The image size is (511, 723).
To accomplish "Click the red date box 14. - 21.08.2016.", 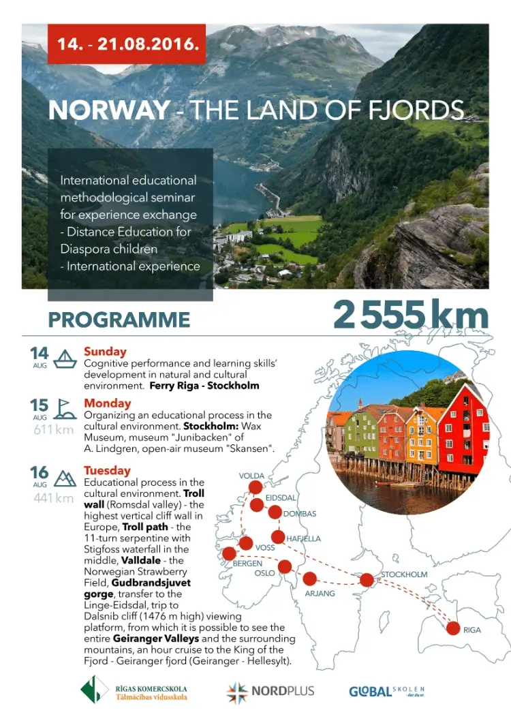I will click(x=127, y=44).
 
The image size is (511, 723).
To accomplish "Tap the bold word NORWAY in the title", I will click(x=110, y=110).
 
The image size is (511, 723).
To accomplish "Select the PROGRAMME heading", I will click(x=119, y=320).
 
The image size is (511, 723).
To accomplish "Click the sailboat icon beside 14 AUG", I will click(x=65, y=358).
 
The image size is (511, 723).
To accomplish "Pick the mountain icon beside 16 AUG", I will click(x=65, y=478).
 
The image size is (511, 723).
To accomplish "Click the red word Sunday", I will click(x=105, y=352).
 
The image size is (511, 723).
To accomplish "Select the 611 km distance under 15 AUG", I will click(x=54, y=430).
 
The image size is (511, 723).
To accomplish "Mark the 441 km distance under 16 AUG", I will click(x=54, y=498).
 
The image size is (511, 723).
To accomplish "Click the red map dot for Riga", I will click(x=452, y=628).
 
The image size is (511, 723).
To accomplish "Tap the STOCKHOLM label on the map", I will click(x=404, y=574).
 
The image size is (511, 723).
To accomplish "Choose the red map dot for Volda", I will click(x=255, y=487).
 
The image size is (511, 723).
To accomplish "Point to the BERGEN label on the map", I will click(x=247, y=564).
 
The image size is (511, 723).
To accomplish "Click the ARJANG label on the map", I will click(x=320, y=594).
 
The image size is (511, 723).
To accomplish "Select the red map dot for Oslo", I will click(x=285, y=566).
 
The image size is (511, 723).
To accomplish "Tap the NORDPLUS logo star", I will click(x=237, y=692).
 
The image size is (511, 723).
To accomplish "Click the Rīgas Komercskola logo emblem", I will click(x=94, y=689).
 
